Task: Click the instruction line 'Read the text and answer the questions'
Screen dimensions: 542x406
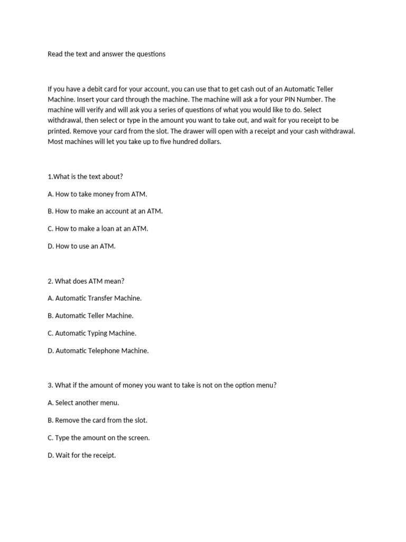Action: click(106, 54)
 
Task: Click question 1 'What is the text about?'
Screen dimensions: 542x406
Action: click(85, 176)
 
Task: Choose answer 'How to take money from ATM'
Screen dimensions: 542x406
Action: click(97, 194)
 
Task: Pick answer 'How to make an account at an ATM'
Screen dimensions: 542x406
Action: click(105, 211)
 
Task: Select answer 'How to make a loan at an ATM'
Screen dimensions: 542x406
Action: click(98, 229)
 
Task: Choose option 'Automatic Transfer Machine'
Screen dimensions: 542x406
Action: click(95, 298)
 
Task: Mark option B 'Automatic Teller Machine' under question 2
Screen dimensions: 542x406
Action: click(90, 315)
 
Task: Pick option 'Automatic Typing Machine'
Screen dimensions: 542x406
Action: click(92, 333)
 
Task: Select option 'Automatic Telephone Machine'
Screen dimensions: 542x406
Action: click(98, 350)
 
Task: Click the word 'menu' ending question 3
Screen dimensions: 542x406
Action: click(265, 385)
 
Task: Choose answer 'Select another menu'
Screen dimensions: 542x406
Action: click(84, 403)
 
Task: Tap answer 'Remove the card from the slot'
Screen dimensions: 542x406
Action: click(97, 420)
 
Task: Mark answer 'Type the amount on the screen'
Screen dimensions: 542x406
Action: click(99, 438)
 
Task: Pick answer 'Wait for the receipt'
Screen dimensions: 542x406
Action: click(81, 455)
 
